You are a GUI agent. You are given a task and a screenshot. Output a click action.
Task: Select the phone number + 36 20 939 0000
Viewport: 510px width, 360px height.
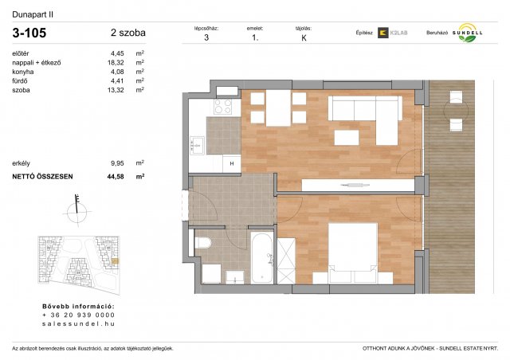(78, 315)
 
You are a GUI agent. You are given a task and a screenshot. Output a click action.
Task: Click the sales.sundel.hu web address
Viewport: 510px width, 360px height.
(78, 324)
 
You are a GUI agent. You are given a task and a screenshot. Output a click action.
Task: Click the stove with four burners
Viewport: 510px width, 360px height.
(224, 107)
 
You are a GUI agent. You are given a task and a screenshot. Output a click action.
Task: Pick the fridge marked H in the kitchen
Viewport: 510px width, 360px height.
(231, 162)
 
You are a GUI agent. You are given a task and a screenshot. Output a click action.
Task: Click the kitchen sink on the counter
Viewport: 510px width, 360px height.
(196, 145)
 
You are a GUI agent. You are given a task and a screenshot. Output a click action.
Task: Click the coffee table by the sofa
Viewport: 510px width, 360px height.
(346, 138)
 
